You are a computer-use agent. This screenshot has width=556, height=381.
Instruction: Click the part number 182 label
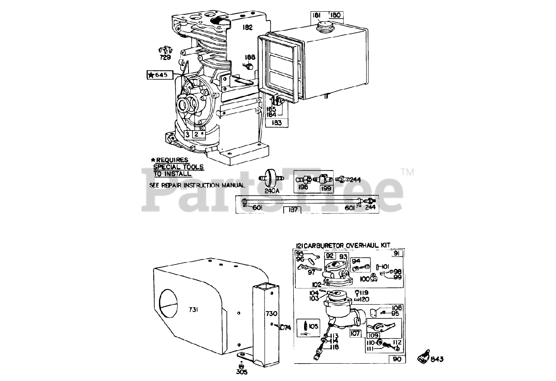(248, 27)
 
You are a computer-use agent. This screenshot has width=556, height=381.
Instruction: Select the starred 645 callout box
(157, 75)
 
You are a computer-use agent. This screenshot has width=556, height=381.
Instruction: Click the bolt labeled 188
(249, 67)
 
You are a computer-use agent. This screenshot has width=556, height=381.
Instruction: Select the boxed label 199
(326, 189)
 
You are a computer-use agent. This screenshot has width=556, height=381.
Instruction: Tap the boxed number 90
(397, 359)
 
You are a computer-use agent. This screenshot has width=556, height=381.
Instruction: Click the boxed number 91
(396, 254)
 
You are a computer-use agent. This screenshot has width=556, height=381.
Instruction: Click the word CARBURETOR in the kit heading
(324, 246)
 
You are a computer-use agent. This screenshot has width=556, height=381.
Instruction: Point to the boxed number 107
(355, 334)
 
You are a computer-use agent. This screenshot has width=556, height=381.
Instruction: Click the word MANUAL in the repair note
(232, 185)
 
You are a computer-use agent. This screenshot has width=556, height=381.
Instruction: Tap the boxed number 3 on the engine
(187, 135)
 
